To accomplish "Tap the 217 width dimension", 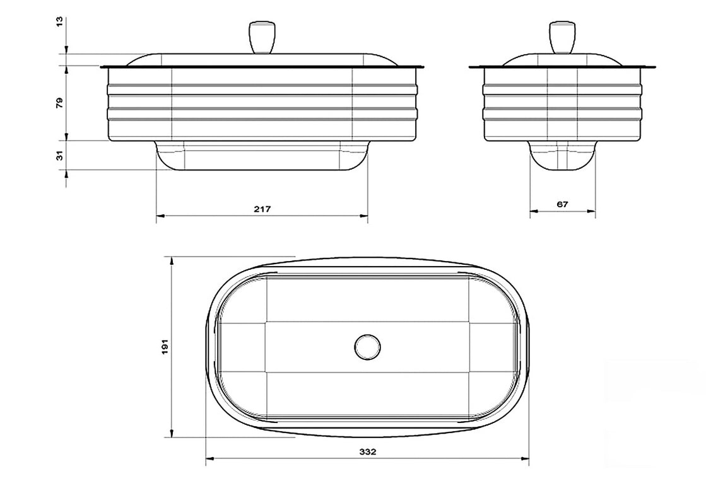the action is pos(262,209).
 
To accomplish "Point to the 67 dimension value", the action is pos(562,204).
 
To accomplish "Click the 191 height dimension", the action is pos(165,347).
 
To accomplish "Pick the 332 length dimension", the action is pos(368,452).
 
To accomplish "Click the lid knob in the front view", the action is pos(261,38).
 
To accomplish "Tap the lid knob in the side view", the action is pos(562,38).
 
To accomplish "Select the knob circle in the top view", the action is pos(367,347).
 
